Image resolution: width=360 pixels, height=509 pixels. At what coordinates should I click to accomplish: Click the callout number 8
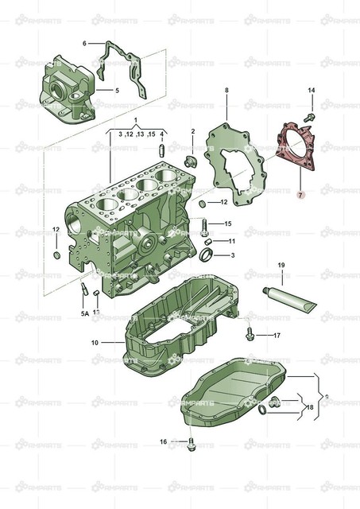coord(226,91)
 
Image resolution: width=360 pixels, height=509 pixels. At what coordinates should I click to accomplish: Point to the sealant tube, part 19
coord(291,295)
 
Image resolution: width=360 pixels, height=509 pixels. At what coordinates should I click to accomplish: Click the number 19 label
coord(281,264)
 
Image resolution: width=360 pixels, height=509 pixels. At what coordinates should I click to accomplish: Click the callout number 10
coord(95,343)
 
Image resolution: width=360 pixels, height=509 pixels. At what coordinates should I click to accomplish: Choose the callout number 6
coord(84,43)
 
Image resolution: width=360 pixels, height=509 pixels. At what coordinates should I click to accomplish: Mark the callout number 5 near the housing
coord(116,90)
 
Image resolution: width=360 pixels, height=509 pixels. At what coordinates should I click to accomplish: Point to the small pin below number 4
coord(162,149)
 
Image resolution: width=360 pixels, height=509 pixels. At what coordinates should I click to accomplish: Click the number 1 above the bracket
coord(135,120)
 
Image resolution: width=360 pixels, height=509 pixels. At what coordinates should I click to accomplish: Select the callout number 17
coord(277,336)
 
